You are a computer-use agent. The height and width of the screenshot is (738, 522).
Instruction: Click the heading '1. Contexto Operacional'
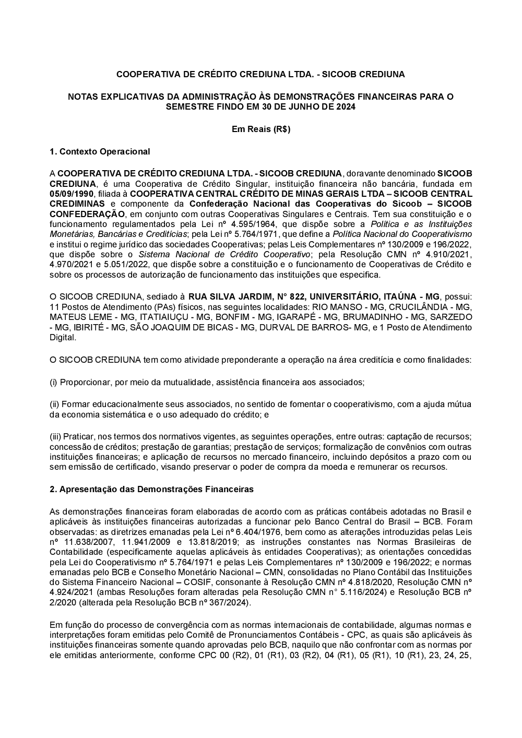tap(100, 152)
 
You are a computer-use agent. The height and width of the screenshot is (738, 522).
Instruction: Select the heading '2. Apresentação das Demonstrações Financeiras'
tap(151, 490)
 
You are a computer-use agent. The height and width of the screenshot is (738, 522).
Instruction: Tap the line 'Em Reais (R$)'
tap(261, 129)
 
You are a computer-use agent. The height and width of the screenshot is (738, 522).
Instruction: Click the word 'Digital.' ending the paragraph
tap(63, 337)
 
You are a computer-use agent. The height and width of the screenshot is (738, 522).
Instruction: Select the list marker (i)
tap(54, 382)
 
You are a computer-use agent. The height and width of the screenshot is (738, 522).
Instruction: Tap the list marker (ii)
tap(55, 404)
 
